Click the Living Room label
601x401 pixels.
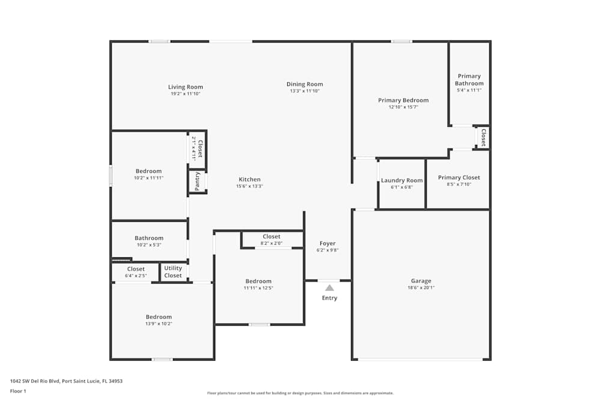point(186,87)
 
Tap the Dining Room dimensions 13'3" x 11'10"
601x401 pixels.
point(305,91)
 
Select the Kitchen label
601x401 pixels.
point(249,179)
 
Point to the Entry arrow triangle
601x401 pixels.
point(329,288)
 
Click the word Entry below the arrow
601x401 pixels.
point(329,298)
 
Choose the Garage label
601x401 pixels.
point(421,281)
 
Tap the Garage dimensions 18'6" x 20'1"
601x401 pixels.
point(421,287)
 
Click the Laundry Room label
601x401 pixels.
point(401,180)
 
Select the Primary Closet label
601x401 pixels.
point(459,177)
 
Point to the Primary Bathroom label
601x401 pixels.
point(469,80)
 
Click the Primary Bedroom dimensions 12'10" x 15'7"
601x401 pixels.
point(403,107)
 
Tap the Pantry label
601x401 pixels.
point(197,182)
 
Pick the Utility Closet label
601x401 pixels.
point(173,272)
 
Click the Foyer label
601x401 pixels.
point(328,243)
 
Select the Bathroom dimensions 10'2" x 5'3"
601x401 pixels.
point(149,245)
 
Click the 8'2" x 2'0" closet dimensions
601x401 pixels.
point(272,243)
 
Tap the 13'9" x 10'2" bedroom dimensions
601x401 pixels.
point(159,323)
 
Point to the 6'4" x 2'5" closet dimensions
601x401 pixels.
point(136,275)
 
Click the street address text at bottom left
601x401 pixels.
point(66,381)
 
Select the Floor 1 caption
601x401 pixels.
point(18,391)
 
